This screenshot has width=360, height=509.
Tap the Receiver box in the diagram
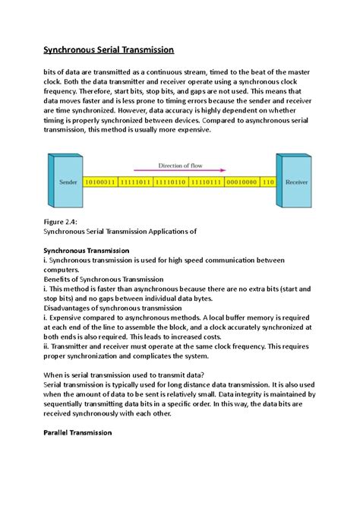[296, 182]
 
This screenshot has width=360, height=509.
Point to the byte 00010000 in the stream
[242, 183]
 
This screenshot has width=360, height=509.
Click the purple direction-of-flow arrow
[179, 171]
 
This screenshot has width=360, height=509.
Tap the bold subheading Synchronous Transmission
[88, 250]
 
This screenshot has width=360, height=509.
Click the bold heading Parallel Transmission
[79, 432]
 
